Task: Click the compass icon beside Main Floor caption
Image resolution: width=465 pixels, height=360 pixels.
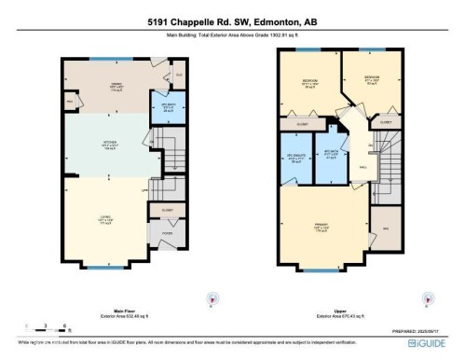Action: click(212, 299)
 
